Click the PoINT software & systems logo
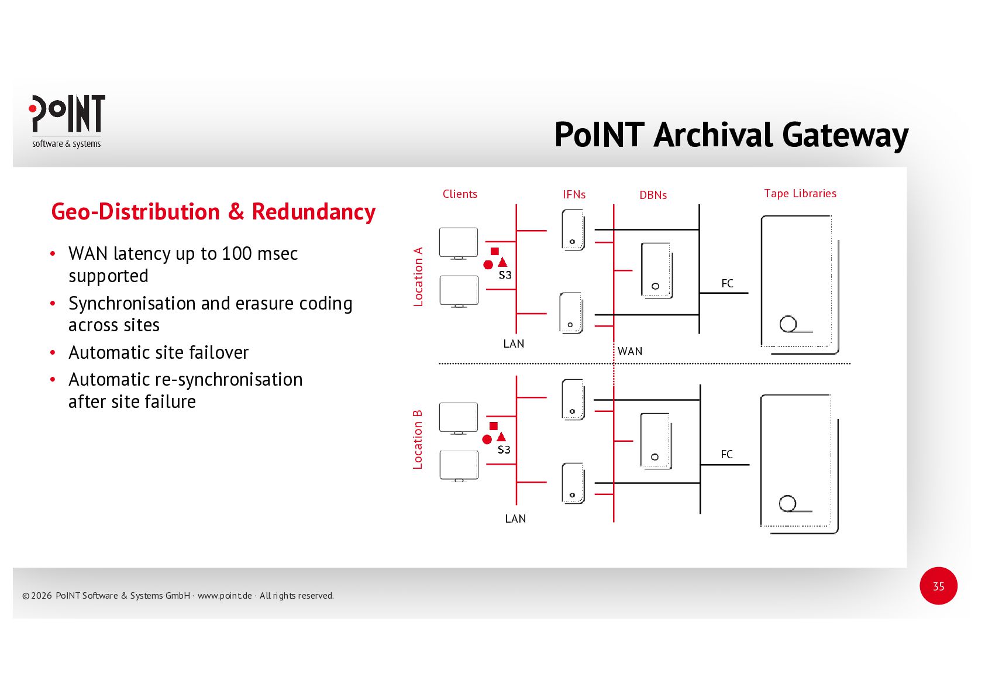pyautogui.click(x=67, y=121)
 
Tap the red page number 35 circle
pyautogui.click(x=938, y=586)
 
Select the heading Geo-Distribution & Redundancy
pyautogui.click(x=213, y=212)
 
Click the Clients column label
pyautogui.click(x=460, y=194)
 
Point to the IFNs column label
pyautogui.click(x=574, y=195)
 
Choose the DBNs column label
pyautogui.click(x=653, y=195)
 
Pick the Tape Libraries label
pyautogui.click(x=800, y=194)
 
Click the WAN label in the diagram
pyautogui.click(x=630, y=352)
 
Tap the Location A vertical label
pyautogui.click(x=418, y=277)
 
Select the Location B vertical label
pyautogui.click(x=418, y=440)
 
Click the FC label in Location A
pyautogui.click(x=727, y=284)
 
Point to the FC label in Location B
pyautogui.click(x=726, y=455)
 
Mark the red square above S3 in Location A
pyautogui.click(x=495, y=251)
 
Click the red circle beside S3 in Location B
pyautogui.click(x=487, y=440)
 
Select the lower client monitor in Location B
pyautogui.click(x=459, y=466)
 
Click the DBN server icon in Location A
pyautogui.click(x=656, y=271)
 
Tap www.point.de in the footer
pyautogui.click(x=225, y=596)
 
